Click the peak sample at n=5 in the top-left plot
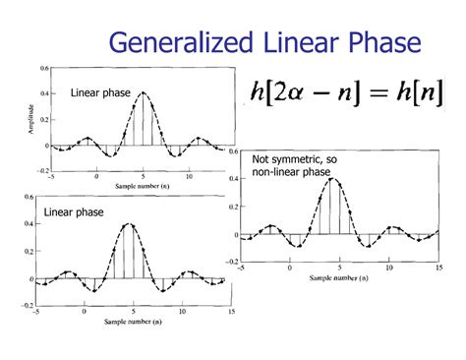click(143, 93)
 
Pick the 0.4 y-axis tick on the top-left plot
click(45, 93)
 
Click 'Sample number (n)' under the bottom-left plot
click(132, 322)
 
